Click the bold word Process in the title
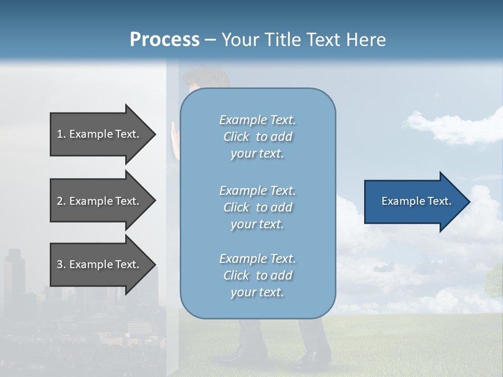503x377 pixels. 165,39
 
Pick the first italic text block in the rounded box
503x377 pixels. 257,137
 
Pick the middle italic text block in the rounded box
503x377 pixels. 257,207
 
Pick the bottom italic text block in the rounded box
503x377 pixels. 257,275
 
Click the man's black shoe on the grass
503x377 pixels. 309,359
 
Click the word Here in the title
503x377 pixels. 366,39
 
